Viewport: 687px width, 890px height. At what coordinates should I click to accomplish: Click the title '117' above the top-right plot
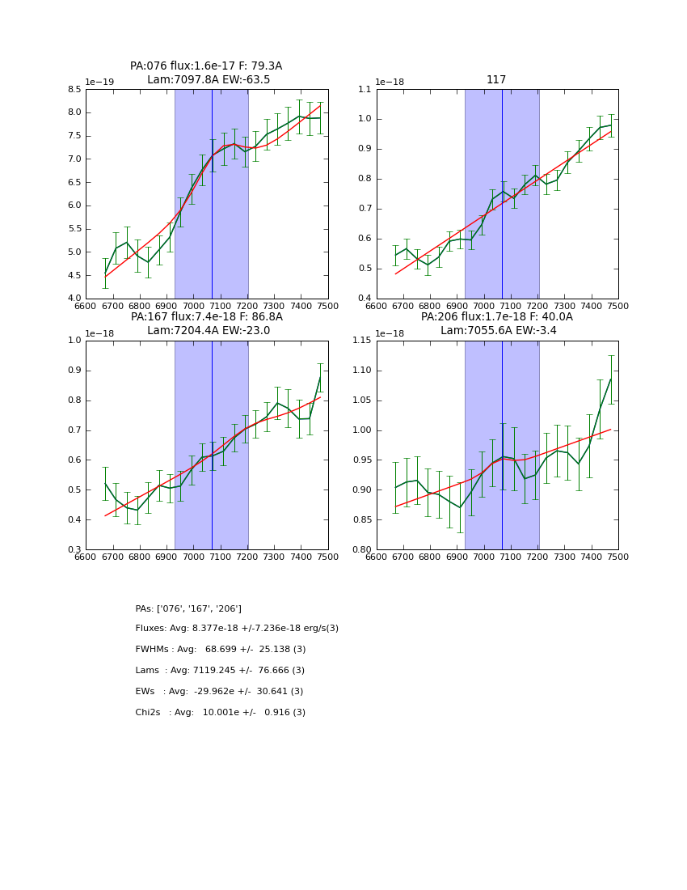pos(496,80)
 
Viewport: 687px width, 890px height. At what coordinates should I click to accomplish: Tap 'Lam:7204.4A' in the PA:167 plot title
pos(179,331)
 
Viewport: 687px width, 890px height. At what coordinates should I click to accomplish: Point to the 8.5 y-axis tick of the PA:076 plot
pos(74,89)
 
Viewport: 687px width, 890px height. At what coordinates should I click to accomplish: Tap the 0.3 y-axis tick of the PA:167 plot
pos(74,550)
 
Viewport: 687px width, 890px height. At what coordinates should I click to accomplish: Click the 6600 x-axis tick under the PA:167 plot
pos(86,557)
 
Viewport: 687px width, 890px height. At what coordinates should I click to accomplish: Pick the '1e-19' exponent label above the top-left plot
pos(99,83)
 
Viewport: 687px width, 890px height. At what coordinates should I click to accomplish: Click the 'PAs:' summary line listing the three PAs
pos(188,608)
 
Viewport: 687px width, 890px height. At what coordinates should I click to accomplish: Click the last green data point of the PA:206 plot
pos(611,378)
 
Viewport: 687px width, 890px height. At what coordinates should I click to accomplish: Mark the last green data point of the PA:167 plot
pos(320,377)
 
